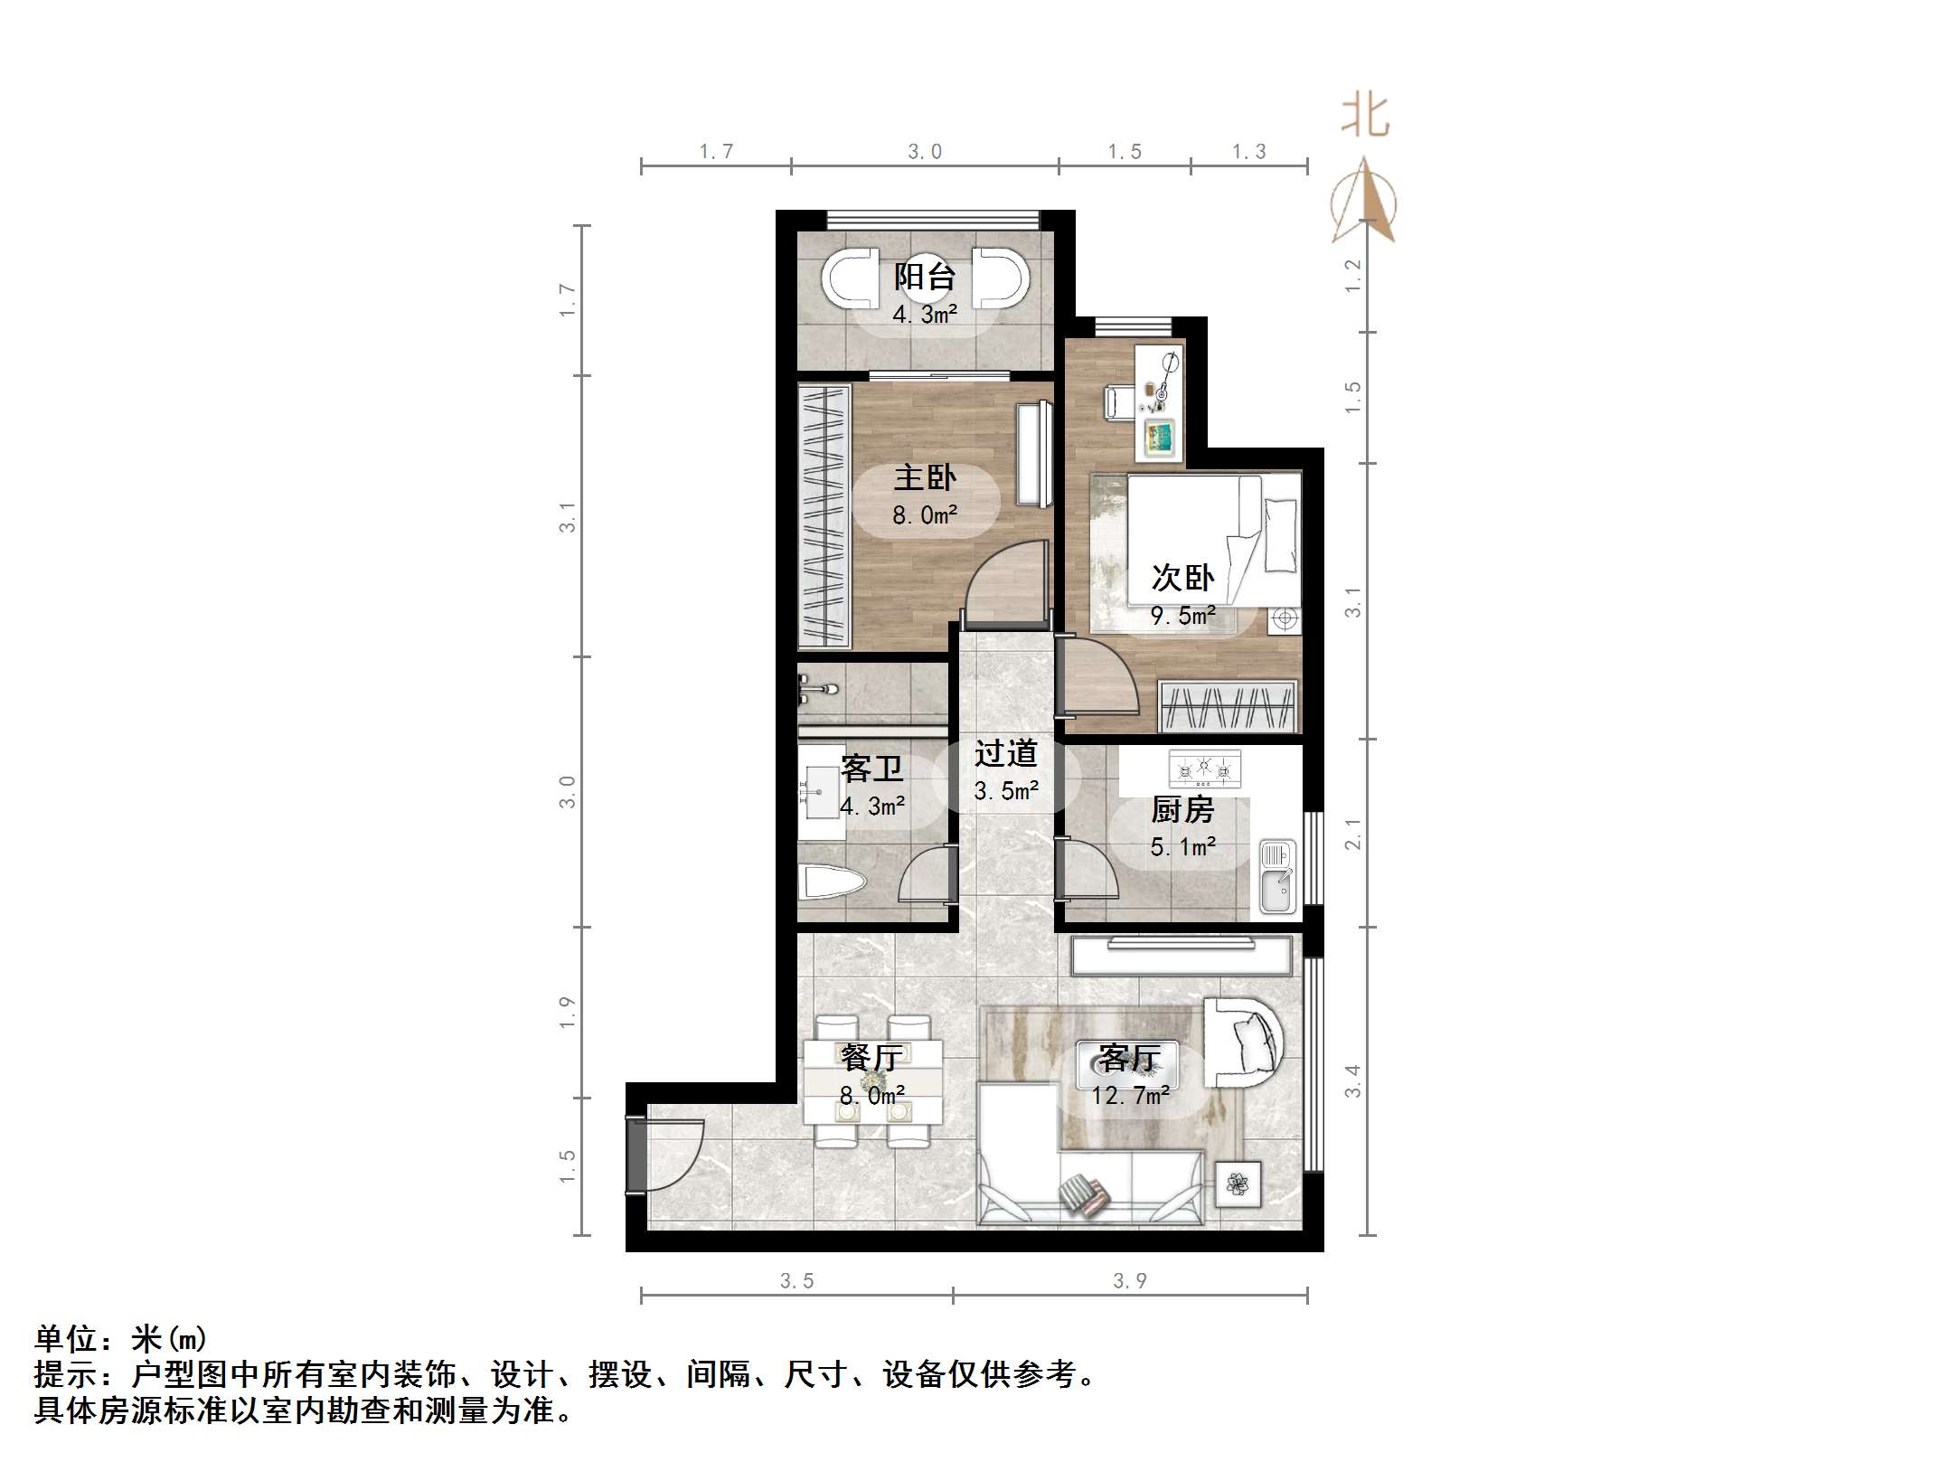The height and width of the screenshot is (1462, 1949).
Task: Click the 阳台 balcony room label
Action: (x=924, y=276)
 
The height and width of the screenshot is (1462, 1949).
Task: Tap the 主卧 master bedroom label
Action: (x=924, y=477)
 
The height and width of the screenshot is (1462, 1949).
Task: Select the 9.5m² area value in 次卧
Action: (x=1182, y=616)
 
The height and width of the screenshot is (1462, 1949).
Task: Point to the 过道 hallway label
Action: (x=1005, y=753)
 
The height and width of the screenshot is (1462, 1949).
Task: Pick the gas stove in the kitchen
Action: (x=1204, y=769)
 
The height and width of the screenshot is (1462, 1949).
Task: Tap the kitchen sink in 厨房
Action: (x=1277, y=876)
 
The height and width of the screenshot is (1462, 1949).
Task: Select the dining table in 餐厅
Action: (x=873, y=1082)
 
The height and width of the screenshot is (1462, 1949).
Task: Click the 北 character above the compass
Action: (x=1365, y=118)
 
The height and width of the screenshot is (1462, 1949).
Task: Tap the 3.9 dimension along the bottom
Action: (x=1129, y=1280)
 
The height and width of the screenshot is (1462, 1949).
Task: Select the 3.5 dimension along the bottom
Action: (x=796, y=1280)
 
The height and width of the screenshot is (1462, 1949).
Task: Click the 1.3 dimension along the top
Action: (x=1248, y=152)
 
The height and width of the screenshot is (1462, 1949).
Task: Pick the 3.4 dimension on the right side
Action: (x=1352, y=1080)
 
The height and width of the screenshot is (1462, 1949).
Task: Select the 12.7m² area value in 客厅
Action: (x=1130, y=1096)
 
